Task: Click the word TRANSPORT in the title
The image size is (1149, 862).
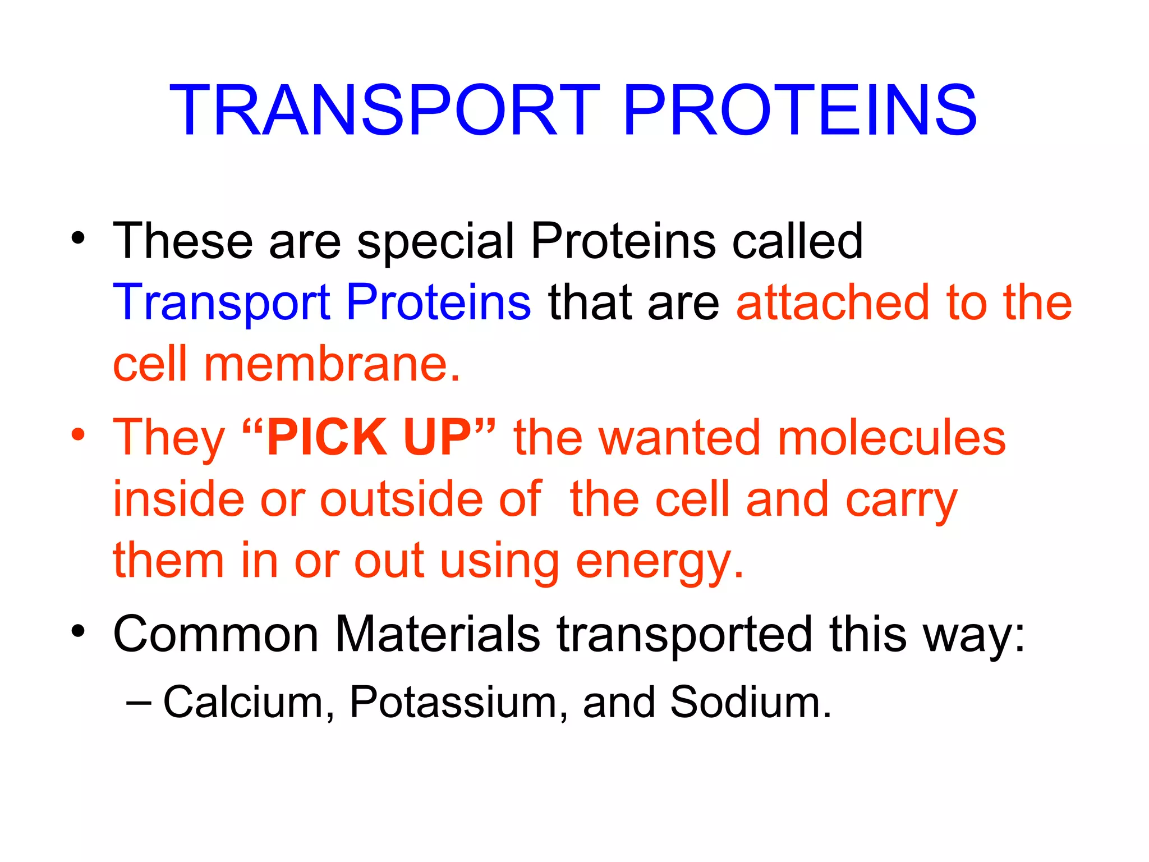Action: click(x=384, y=111)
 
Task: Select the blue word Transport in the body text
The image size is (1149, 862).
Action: click(x=221, y=304)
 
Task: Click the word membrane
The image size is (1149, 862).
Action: click(x=331, y=365)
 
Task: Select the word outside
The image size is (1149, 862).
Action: click(x=401, y=499)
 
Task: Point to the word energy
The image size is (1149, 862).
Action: click(x=660, y=561)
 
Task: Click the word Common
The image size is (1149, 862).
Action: click(x=215, y=634)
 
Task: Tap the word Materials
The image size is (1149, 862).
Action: click(x=438, y=634)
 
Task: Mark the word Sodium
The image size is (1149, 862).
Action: click(x=750, y=702)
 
